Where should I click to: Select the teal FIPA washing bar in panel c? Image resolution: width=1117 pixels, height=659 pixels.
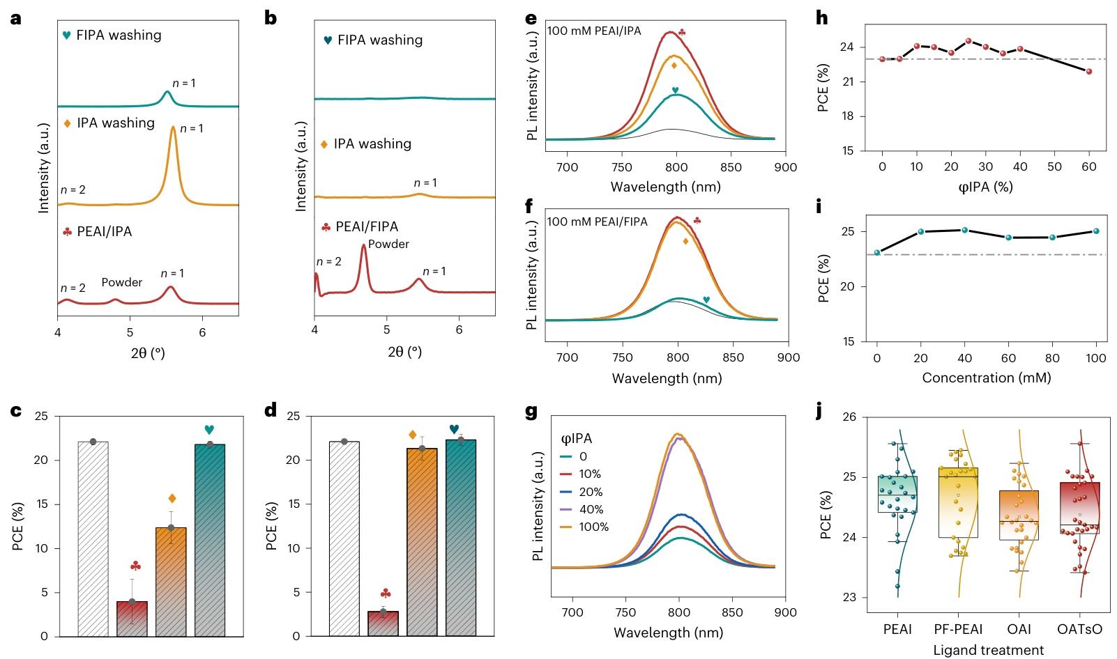point(209,540)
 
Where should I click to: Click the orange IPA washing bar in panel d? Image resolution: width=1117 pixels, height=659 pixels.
point(422,542)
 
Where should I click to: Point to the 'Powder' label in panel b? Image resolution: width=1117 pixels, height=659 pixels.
point(388,244)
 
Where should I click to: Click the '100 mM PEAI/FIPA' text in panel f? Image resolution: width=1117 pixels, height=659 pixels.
point(597,222)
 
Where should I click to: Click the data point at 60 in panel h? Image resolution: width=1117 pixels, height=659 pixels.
point(1088,71)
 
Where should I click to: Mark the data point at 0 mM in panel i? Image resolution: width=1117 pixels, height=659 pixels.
point(877,252)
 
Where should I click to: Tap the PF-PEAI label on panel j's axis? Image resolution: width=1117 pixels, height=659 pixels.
point(958,629)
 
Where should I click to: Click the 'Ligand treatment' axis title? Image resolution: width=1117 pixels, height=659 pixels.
point(989,650)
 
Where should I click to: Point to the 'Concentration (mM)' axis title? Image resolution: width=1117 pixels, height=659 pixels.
point(986,378)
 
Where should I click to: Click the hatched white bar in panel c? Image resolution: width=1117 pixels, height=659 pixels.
point(93,538)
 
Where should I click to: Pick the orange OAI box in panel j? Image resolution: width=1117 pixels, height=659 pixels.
point(1019,515)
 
